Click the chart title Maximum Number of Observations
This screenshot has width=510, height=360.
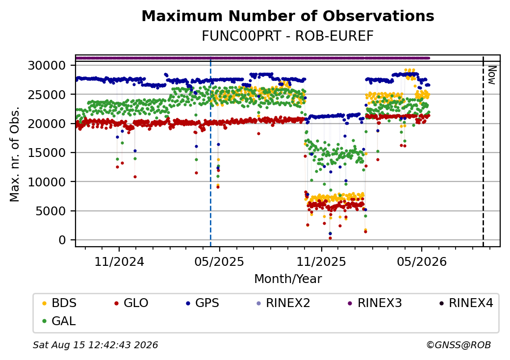point(287,16)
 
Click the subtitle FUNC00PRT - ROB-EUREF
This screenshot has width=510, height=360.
point(287,36)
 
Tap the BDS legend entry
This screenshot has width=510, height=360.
point(59,303)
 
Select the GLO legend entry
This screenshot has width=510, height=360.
point(131,303)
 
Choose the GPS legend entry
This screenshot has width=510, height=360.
point(203,303)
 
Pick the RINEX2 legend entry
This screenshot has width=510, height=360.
point(283,303)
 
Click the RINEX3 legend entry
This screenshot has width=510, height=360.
point(375,303)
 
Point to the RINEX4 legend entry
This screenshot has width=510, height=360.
point(466,303)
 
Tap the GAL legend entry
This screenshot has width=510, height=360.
point(59,321)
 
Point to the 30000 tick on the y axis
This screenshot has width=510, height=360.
point(47,66)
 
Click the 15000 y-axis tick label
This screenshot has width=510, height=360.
point(47,153)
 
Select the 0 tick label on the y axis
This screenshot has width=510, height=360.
point(62,240)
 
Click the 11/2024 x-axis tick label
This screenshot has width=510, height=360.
point(119,262)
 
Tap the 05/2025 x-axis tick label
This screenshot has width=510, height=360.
point(219,262)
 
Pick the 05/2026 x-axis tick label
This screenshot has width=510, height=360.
point(422,262)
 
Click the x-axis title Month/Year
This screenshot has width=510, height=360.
point(288,279)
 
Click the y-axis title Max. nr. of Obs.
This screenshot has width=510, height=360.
point(14,154)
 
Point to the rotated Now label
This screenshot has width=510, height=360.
point(492,75)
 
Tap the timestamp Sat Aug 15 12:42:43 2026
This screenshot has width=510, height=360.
point(96,345)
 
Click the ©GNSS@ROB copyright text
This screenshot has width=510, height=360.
point(459,345)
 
